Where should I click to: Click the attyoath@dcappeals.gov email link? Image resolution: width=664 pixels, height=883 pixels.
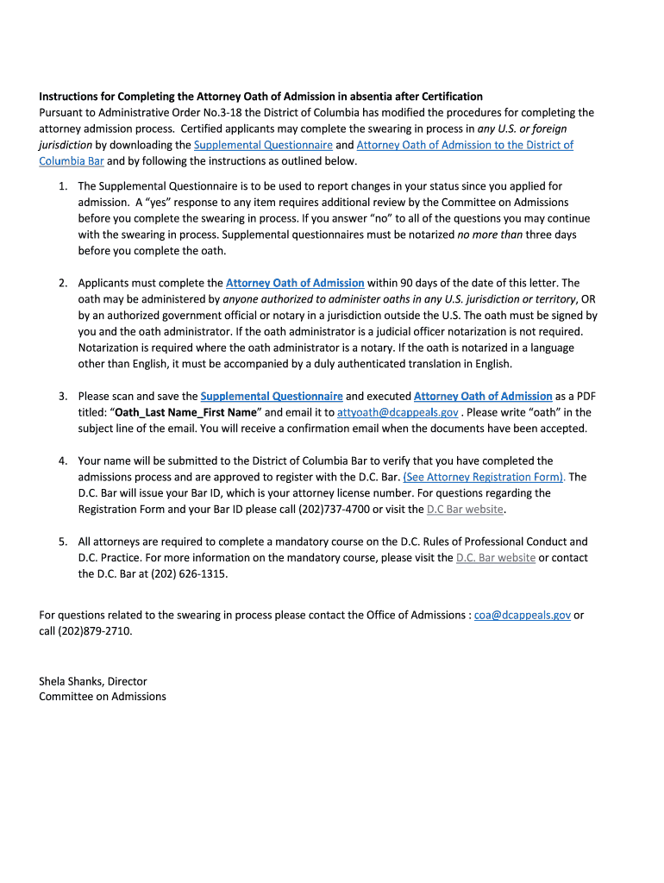(x=398, y=412)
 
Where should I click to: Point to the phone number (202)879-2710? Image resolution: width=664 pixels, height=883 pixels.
(x=96, y=630)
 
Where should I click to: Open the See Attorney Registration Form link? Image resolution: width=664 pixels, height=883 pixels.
(x=484, y=477)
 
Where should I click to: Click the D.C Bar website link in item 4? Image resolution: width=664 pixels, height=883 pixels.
(x=465, y=509)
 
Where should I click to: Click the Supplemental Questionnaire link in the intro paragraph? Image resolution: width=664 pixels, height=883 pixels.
(x=263, y=145)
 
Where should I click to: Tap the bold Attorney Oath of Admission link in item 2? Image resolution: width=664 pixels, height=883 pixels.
(x=295, y=283)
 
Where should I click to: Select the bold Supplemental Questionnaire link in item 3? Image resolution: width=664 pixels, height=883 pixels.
(x=272, y=396)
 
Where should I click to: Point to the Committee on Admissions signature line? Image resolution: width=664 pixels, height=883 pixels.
(x=102, y=696)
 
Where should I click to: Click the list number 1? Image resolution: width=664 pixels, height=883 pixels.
(x=63, y=186)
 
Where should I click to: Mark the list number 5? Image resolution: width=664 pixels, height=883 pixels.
(x=63, y=542)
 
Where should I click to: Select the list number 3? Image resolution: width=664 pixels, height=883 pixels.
(x=63, y=396)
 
